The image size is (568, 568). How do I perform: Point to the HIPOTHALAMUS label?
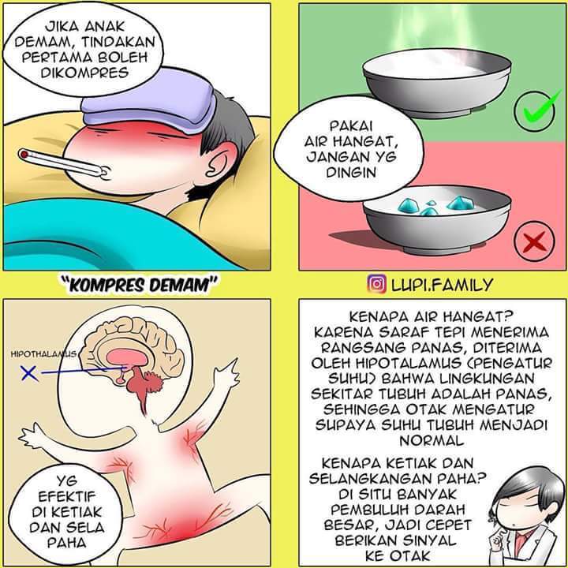[44, 356]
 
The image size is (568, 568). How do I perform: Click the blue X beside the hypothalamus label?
[29, 372]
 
